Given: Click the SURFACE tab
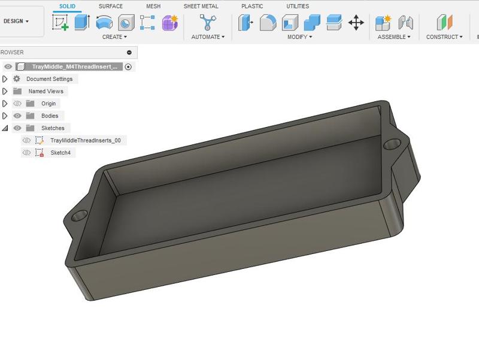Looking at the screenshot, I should pyautogui.click(x=111, y=6).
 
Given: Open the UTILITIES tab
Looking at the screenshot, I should pyautogui.click(x=298, y=6).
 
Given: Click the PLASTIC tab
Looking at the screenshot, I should pyautogui.click(x=252, y=6).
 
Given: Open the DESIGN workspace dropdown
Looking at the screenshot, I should pyautogui.click(x=16, y=21).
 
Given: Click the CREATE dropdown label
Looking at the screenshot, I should pyautogui.click(x=114, y=37).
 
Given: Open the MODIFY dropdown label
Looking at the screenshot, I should pyautogui.click(x=299, y=37).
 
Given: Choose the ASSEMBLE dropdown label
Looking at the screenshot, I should pyautogui.click(x=393, y=37).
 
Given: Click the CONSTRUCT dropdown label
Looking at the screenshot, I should pyautogui.click(x=444, y=37).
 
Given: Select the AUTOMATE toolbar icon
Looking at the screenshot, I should pyautogui.click(x=208, y=23).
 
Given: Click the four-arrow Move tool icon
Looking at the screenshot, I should pyautogui.click(x=356, y=23).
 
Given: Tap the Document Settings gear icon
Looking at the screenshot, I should pyautogui.click(x=17, y=79).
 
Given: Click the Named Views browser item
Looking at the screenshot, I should pyautogui.click(x=46, y=92).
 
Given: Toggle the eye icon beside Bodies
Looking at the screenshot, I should pyautogui.click(x=17, y=116).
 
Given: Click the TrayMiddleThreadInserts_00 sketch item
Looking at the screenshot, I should pyautogui.click(x=85, y=140).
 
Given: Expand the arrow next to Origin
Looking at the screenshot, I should pyautogui.click(x=5, y=104).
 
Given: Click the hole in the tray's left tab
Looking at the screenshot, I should pyautogui.click(x=78, y=214).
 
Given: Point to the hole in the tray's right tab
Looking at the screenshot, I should pyautogui.click(x=393, y=144).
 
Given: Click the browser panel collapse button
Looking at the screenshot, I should pyautogui.click(x=129, y=53).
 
